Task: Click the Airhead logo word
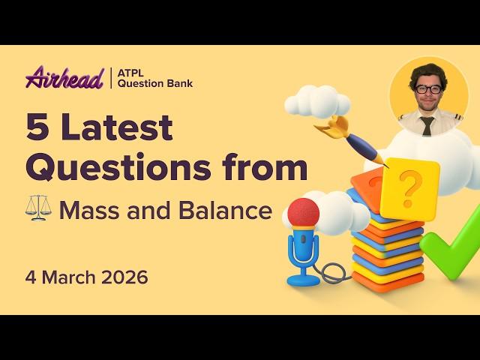64,77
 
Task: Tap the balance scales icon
38,209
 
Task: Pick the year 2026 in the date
123,277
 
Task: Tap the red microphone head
303,212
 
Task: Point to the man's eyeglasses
428,89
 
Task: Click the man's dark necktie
427,124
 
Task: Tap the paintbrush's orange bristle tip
329,127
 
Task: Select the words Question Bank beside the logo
155,83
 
